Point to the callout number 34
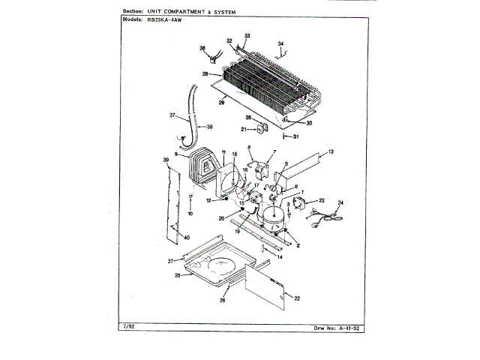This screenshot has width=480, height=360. (x=280, y=43)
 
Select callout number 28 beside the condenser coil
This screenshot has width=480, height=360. (x=204, y=73)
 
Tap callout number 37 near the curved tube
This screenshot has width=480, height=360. (x=172, y=115)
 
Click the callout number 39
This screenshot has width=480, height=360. (x=165, y=160)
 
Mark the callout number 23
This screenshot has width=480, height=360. (x=321, y=200)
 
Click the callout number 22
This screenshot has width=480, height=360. (x=297, y=299)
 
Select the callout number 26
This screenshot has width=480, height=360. (x=223, y=301)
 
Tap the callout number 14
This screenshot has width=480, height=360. (x=280, y=257)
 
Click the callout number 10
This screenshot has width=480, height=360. (x=190, y=214)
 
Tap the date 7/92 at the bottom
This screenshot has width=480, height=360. (x=126, y=328)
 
